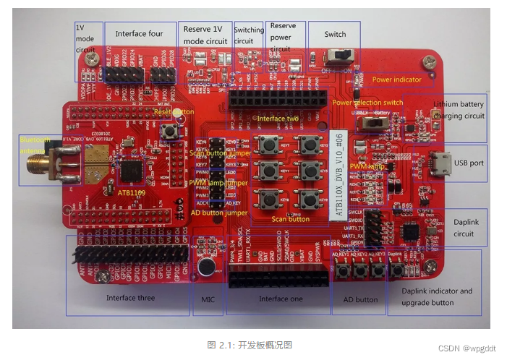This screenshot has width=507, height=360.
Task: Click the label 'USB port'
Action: coord(469,163)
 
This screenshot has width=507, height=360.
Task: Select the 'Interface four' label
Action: coord(139,34)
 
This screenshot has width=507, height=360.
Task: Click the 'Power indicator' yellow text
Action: coord(396,80)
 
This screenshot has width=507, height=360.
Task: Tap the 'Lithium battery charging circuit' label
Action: coord(459,110)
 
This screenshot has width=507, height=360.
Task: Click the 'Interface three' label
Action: coord(130,298)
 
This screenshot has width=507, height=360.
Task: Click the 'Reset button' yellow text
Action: coord(174,112)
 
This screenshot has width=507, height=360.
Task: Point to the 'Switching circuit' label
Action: coord(249,35)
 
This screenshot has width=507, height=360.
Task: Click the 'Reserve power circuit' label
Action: coord(283,37)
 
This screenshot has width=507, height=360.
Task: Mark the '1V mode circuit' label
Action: coord(85,38)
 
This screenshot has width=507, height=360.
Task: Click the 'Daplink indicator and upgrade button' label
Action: coord(437,296)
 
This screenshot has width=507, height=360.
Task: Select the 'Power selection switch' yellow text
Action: coord(368,103)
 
